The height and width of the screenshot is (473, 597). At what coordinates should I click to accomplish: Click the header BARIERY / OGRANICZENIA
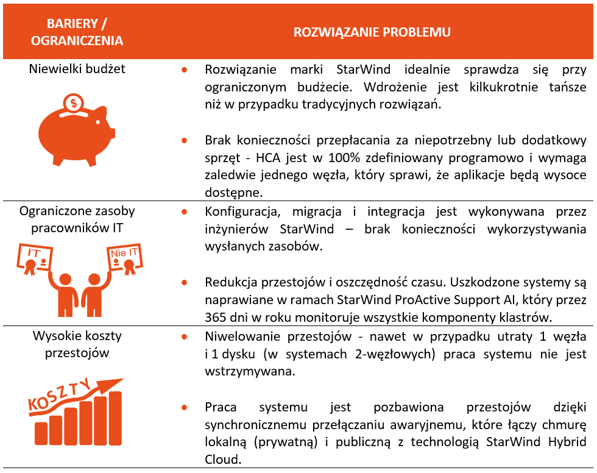coord(77,32)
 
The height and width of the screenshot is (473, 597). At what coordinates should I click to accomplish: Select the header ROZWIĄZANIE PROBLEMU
coord(372,32)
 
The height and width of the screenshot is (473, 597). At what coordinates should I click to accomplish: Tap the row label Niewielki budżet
coord(77,69)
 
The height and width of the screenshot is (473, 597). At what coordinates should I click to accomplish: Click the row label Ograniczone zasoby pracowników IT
coord(77,218)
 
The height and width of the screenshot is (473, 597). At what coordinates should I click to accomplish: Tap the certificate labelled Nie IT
coord(125,260)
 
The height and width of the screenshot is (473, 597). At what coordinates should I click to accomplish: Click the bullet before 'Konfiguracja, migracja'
coord(183,212)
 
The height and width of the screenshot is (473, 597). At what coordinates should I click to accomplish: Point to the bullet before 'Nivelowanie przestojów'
coord(183,336)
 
